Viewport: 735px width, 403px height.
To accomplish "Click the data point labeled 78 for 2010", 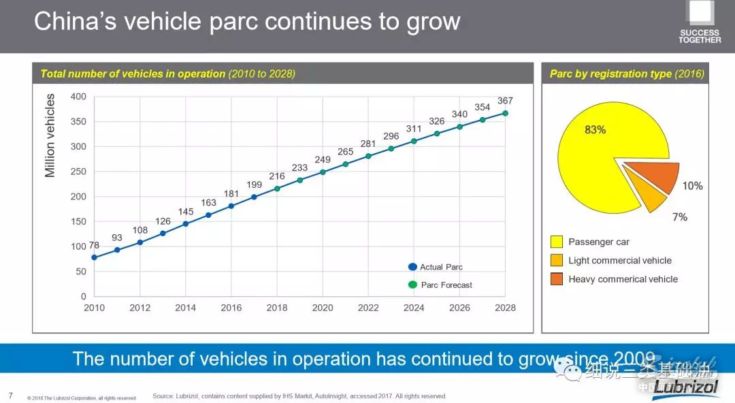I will click(94, 257).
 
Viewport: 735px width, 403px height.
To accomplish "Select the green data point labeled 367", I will click(506, 113).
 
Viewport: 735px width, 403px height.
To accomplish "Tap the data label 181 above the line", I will click(231, 193).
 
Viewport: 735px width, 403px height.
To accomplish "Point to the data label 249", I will click(323, 159).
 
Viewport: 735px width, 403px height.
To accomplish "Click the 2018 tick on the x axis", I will click(277, 308).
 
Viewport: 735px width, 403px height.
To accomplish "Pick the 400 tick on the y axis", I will click(78, 97).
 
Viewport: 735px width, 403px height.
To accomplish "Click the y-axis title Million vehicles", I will click(50, 135).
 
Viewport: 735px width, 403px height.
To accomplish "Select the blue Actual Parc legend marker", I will click(412, 267).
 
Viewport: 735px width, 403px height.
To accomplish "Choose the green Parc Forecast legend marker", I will click(412, 285).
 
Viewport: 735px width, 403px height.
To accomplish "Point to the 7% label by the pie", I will click(679, 217).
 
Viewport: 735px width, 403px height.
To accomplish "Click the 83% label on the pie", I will click(595, 129).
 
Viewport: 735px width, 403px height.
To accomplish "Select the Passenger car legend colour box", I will click(557, 242).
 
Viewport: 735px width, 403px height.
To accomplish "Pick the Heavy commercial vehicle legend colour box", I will click(557, 279).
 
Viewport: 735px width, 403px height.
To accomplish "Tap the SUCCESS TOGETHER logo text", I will click(699, 36).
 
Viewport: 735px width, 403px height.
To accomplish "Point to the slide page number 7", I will click(10, 395).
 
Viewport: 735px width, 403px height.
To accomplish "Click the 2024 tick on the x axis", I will click(414, 308).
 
